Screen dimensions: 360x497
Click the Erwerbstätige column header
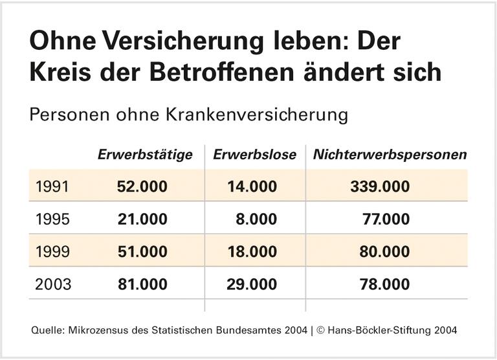click(x=145, y=155)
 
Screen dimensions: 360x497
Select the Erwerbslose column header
click(x=254, y=155)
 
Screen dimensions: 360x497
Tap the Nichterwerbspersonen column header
click(x=390, y=155)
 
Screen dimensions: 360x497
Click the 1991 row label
click(x=53, y=187)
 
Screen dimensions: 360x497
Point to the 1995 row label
click(x=53, y=219)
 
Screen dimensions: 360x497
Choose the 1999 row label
click(x=53, y=252)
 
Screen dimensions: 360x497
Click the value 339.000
click(x=380, y=187)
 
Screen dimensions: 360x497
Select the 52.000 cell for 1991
click(x=142, y=187)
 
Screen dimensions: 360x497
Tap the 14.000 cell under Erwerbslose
click(x=252, y=187)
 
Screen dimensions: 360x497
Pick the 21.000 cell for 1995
click(x=142, y=219)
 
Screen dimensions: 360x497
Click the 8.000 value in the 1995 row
click(x=256, y=219)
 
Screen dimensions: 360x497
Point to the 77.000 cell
click(x=386, y=219)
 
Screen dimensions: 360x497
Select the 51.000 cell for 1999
click(x=142, y=252)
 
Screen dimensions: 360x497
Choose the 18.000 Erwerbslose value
click(x=252, y=252)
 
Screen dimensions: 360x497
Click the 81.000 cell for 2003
click(x=142, y=284)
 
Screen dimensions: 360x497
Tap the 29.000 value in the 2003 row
click(x=252, y=284)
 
